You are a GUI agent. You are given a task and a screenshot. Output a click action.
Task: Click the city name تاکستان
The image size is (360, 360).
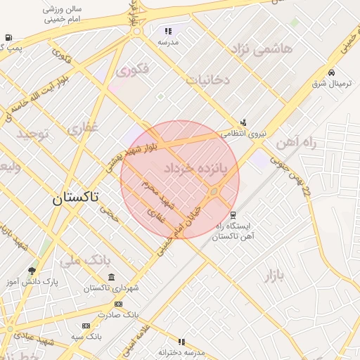(x=75, y=198)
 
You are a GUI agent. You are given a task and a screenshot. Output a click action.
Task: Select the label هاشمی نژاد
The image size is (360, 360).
(x=262, y=49)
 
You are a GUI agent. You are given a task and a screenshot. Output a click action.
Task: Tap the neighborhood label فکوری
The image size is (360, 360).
(x=132, y=71)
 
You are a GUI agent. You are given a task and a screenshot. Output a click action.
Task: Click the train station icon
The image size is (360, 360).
(x=233, y=215)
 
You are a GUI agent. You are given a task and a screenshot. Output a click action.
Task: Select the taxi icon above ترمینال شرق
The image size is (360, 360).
(x=331, y=72)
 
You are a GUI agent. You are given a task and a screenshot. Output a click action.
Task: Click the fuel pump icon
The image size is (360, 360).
(x=8, y=37)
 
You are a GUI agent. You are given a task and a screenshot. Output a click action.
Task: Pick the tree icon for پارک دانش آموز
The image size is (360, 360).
(x=31, y=271)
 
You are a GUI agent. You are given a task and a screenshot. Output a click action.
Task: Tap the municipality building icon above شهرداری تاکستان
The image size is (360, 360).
(x=111, y=278)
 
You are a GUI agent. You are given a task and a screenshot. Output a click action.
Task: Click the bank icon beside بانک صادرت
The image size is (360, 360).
(x=118, y=304)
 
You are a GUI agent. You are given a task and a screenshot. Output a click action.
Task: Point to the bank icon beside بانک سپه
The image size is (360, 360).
(x=86, y=326)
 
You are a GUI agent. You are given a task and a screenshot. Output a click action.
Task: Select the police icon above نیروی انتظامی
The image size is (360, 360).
(x=243, y=122)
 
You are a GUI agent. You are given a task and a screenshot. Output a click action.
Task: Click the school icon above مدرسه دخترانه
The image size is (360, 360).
(x=181, y=341)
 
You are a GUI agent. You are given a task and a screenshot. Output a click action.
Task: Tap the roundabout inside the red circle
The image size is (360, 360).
(x=214, y=191)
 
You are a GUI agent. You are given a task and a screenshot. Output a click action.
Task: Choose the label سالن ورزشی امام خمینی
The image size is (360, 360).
(x=63, y=15)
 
